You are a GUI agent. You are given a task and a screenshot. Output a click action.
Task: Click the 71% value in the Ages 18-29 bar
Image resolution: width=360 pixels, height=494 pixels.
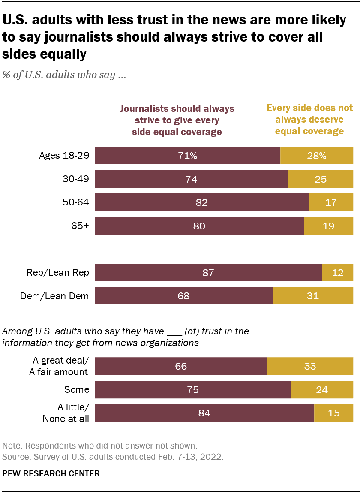188,156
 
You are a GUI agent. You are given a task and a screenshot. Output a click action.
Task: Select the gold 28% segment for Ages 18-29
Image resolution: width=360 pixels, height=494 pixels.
316,156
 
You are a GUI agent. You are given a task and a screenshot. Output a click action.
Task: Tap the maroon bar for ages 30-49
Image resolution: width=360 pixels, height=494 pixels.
191,179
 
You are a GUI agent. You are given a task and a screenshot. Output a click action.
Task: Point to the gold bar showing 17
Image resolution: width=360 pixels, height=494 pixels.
330,202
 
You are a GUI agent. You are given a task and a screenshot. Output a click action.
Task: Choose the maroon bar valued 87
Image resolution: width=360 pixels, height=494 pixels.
208,273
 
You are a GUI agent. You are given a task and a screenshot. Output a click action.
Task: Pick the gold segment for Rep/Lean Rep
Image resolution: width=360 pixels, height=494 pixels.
337,273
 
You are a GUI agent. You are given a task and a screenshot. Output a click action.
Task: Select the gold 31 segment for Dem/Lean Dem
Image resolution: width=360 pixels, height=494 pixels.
312,296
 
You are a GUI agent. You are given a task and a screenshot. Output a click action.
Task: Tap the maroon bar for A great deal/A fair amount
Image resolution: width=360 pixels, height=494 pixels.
180,366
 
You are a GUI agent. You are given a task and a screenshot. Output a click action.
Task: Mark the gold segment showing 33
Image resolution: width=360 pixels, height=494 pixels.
310,366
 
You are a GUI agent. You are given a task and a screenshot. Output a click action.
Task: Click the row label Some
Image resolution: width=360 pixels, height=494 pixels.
77,389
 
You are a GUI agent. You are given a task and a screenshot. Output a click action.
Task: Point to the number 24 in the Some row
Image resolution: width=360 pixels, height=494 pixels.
321,390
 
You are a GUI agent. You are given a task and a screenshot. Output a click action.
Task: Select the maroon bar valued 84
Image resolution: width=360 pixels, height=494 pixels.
204,413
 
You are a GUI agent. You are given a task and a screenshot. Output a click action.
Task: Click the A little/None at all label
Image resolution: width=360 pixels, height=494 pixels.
66,413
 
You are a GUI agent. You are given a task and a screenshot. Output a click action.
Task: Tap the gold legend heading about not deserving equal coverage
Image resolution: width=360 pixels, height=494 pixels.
309,119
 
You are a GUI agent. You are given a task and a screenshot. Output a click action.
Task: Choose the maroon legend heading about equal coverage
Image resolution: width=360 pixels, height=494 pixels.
177,120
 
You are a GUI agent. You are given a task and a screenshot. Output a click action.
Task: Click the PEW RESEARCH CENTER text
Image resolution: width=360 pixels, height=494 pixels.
51,474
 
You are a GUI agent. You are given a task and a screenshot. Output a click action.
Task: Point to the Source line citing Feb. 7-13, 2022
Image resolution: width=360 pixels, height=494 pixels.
113,457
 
